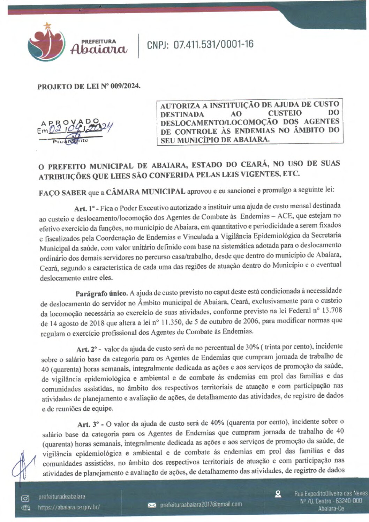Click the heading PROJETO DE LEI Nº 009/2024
[89, 86]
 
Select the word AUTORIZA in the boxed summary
[180, 105]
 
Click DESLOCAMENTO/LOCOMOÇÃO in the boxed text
[219, 122]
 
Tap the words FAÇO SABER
[62, 193]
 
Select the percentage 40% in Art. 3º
[217, 423]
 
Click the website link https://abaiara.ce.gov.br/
[69, 507]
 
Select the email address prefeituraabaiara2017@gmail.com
[201, 505]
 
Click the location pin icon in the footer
[278, 494]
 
